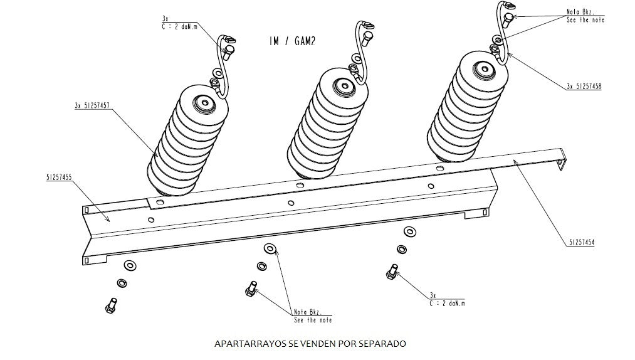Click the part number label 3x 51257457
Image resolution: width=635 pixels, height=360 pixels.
[92, 107]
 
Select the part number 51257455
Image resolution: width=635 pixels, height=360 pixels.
[58, 178]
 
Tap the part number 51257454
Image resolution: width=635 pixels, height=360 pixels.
[581, 241]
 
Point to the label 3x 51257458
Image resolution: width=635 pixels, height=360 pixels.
[584, 87]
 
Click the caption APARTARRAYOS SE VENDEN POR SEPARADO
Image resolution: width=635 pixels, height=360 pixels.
[310, 344]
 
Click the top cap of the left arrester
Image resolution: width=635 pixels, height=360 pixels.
[203, 103]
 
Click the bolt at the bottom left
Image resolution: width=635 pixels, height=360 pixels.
[110, 305]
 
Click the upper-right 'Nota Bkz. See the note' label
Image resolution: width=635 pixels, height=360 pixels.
[584, 16]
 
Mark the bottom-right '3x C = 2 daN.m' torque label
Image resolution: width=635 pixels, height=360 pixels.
[447, 299]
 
